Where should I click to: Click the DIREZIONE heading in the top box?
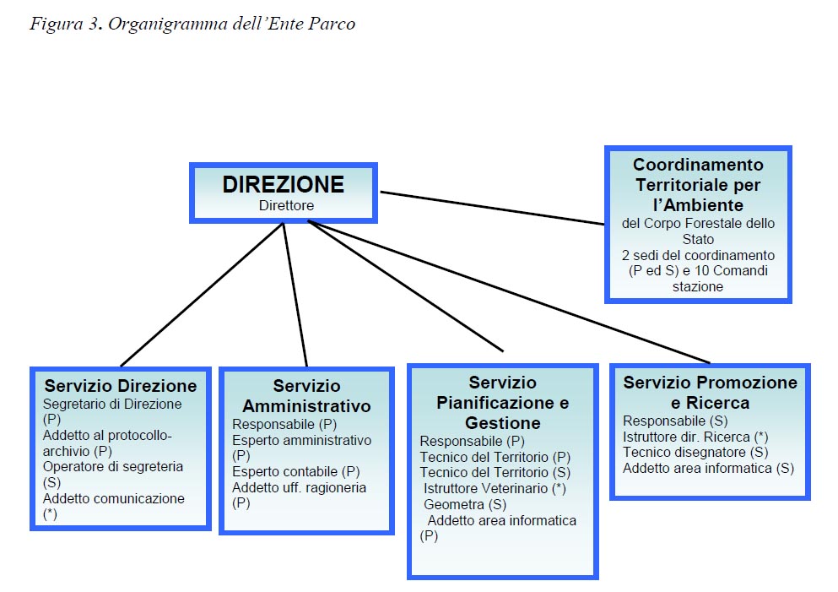click(x=284, y=184)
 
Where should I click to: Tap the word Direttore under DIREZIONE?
click(x=286, y=205)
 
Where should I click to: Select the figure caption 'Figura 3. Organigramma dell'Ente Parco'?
click(x=192, y=24)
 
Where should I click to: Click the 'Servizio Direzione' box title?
click(x=121, y=386)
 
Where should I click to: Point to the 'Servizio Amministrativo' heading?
click(x=307, y=396)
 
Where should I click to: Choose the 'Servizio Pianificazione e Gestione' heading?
click(x=502, y=403)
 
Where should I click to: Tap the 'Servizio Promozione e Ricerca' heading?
click(x=711, y=393)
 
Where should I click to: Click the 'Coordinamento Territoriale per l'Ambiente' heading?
click(x=698, y=185)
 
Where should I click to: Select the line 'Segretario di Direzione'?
click(x=112, y=404)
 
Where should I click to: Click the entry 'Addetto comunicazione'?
click(x=114, y=498)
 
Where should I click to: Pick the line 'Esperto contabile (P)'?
click(x=296, y=472)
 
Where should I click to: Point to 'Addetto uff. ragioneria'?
click(x=300, y=488)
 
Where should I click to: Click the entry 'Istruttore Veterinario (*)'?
click(x=495, y=488)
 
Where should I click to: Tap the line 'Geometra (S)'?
click(x=465, y=504)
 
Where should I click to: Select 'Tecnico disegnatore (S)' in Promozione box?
click(x=696, y=452)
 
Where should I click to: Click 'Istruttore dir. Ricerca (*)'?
click(x=696, y=437)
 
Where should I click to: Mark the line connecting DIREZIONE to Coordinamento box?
click(x=492, y=208)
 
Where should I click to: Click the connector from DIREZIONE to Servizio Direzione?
click(x=202, y=295)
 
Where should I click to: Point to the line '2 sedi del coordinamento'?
click(x=698, y=255)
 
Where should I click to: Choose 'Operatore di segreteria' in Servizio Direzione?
click(x=113, y=466)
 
